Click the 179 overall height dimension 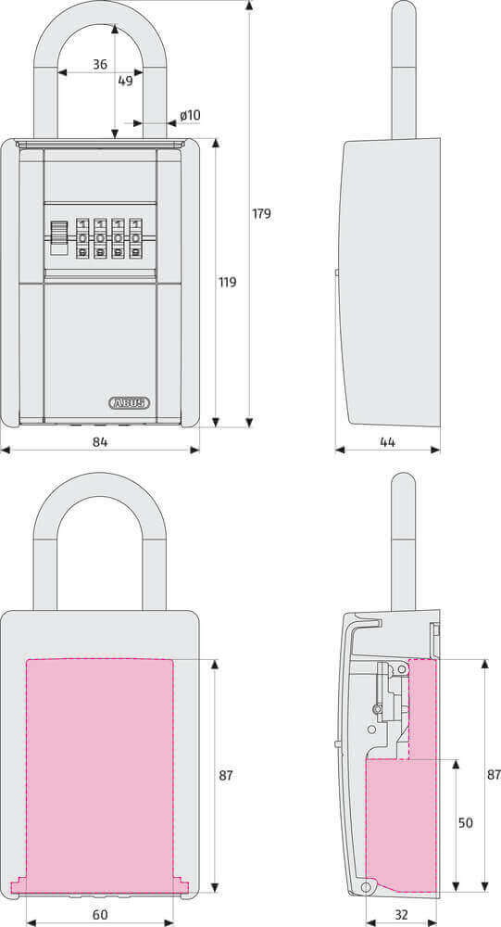[261, 214]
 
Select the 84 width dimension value [100, 442]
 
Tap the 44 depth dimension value [387, 442]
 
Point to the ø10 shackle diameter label [190, 116]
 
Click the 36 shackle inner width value [100, 65]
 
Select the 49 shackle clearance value [125, 81]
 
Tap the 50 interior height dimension [465, 823]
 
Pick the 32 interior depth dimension [401, 915]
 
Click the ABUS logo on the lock [130, 402]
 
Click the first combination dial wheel [83, 237]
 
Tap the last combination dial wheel [136, 237]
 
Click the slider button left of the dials [58, 236]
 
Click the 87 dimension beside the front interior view [226, 775]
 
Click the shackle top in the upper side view [404, 14]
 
